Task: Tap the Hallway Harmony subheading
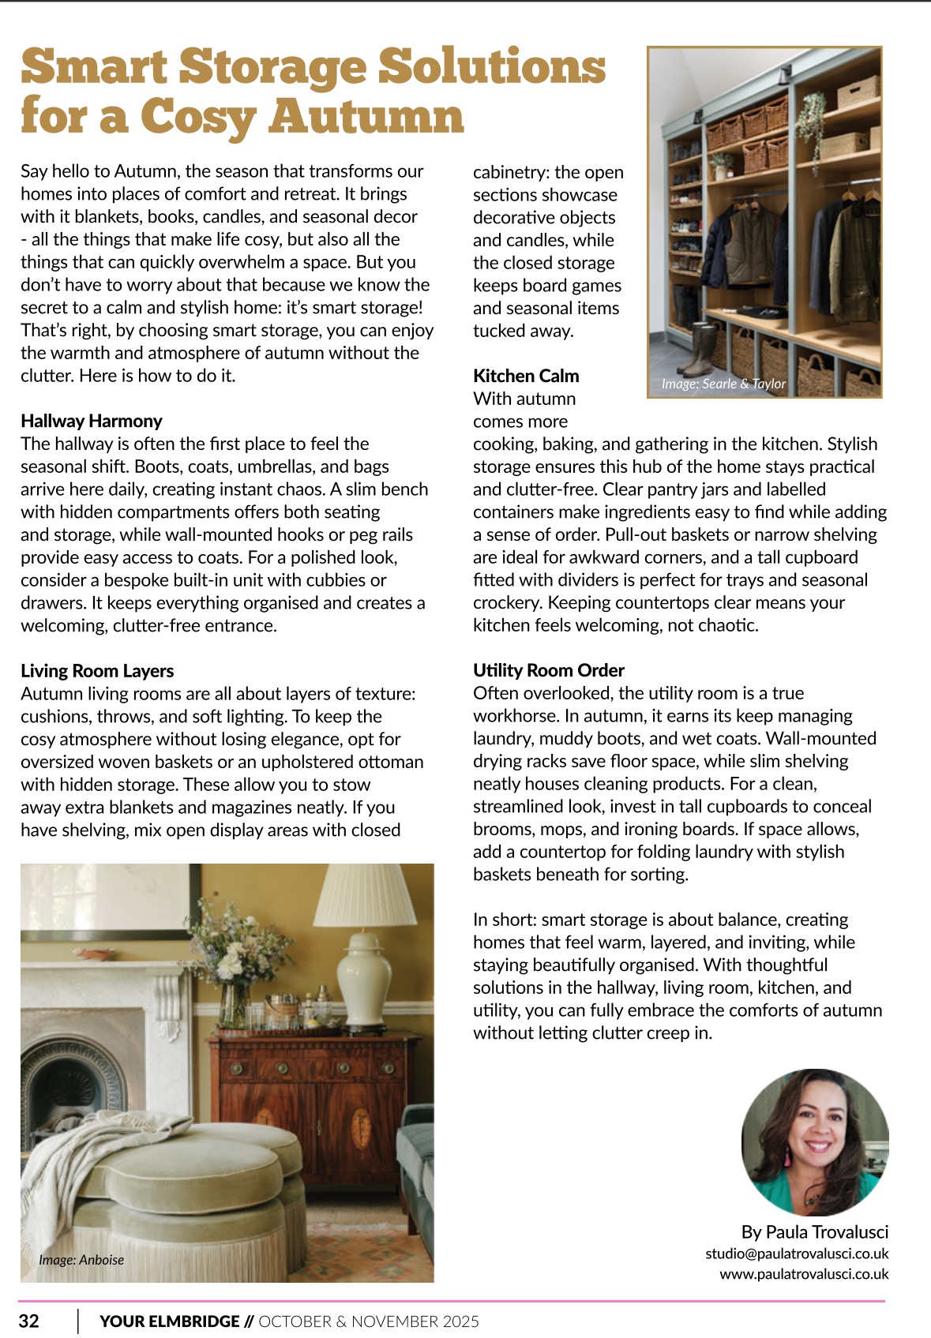[92, 421]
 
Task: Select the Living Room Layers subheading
[97, 671]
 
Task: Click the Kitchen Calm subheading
[526, 376]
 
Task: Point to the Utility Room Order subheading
[549, 670]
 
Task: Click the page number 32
[29, 1321]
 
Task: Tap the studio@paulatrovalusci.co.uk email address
[797, 1254]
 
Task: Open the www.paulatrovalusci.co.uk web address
[804, 1274]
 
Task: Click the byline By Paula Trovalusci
[815, 1232]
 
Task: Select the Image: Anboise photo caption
[81, 1260]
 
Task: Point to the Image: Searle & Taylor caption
[723, 384]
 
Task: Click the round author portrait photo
[815, 1142]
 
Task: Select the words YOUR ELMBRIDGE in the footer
[170, 1321]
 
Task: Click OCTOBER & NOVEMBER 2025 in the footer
[369, 1321]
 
